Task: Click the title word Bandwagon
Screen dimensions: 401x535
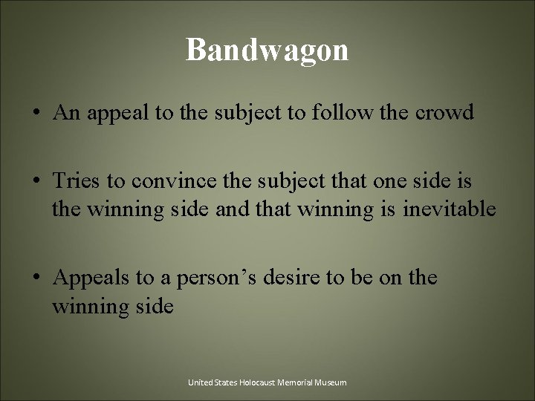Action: pos(267,50)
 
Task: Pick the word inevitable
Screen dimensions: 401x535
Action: pos(449,209)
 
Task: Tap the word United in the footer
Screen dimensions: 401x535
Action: pos(200,382)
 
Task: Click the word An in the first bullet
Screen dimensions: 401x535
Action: pos(65,114)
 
